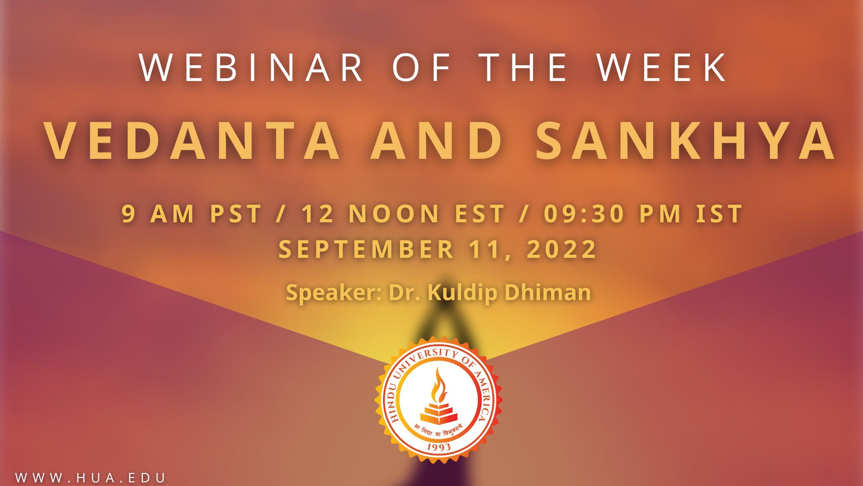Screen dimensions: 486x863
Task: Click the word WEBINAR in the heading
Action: (252, 67)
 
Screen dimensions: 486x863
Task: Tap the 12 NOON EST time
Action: (403, 214)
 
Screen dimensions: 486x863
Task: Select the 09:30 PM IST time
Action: (643, 214)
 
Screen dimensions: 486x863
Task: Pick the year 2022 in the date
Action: (561, 249)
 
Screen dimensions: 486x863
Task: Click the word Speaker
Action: (333, 293)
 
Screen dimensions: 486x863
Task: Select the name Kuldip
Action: (462, 293)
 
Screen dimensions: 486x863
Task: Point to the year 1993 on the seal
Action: (439, 447)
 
